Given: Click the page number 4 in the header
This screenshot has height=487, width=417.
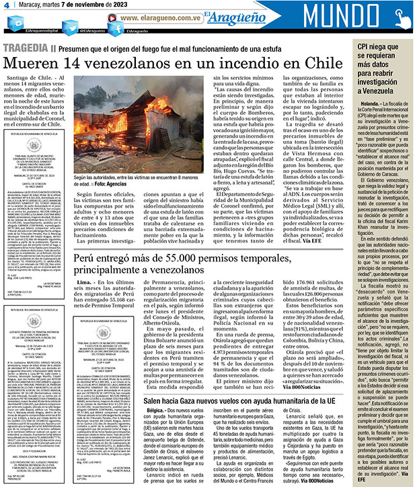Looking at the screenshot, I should (6, 7).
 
